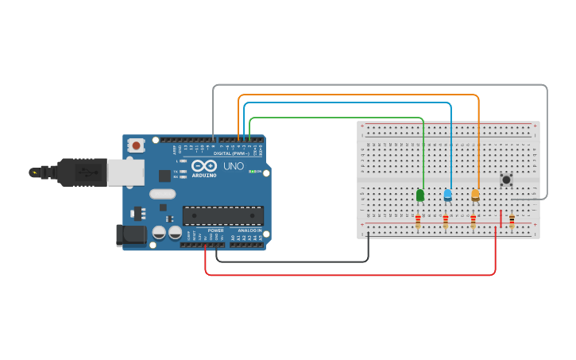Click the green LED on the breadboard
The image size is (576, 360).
[419, 195]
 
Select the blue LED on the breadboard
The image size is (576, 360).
[447, 195]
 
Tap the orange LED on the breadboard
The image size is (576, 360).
[475, 195]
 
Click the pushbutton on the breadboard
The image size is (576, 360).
[506, 180]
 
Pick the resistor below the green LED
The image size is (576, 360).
[418, 221]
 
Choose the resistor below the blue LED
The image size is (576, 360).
[446, 221]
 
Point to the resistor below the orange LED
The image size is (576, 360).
[474, 221]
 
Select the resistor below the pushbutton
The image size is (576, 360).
[512, 220]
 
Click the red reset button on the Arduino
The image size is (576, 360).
[137, 145]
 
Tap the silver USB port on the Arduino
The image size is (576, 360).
[126, 172]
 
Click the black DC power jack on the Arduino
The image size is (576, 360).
[131, 234]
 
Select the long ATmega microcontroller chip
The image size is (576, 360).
[222, 215]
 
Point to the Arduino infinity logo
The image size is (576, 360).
[203, 165]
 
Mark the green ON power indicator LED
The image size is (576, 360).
[252, 171]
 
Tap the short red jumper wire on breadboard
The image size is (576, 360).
[501, 218]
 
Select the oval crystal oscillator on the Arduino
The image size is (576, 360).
[162, 193]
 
